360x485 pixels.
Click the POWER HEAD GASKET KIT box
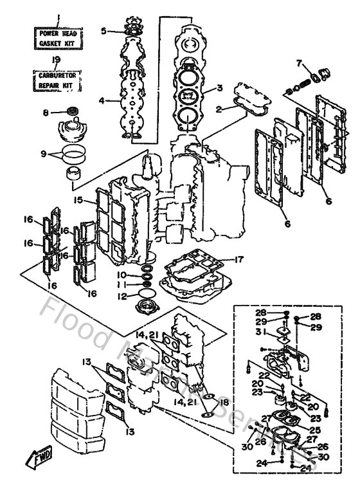click(x=58, y=37)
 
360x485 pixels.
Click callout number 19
click(x=57, y=60)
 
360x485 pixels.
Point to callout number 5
click(x=103, y=30)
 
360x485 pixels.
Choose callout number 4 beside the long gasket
click(x=102, y=100)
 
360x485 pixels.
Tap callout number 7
click(x=298, y=62)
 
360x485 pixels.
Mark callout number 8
click(x=46, y=113)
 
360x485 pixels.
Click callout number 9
click(x=44, y=154)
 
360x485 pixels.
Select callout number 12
click(x=121, y=297)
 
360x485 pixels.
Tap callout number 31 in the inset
click(x=259, y=332)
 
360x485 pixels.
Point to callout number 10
click(x=121, y=275)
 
